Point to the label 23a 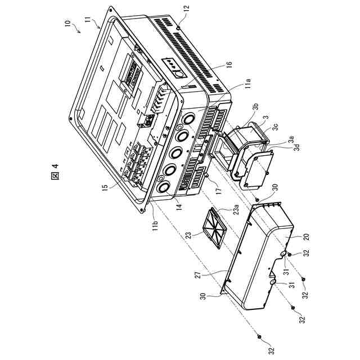pos(238,211)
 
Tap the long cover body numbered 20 pos(262,256)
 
